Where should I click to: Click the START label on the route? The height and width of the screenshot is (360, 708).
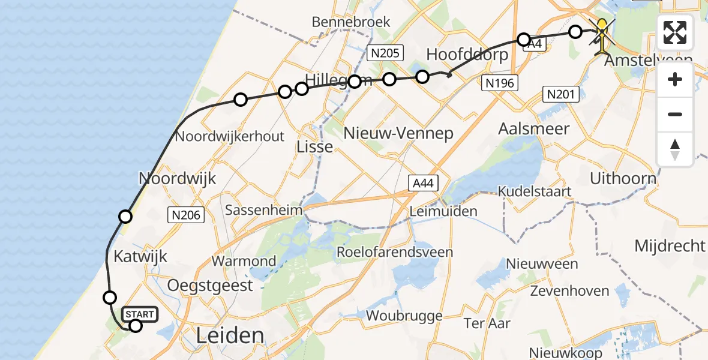coord(140,314)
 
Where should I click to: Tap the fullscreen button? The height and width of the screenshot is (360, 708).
coord(675,32)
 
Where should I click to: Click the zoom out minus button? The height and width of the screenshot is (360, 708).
coord(675,114)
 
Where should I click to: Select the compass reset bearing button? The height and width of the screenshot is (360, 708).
coord(675,149)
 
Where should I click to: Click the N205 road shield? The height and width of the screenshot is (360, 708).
coord(384,53)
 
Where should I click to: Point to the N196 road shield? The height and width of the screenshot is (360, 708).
coord(500,83)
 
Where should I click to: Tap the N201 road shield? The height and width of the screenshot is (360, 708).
coord(561,94)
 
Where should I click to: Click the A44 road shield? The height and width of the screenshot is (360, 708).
coord(422,183)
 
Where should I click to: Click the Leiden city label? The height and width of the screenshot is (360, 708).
coord(230,335)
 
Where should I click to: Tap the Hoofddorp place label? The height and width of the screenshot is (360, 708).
coord(467,55)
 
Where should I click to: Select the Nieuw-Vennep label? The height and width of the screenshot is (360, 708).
coord(398,133)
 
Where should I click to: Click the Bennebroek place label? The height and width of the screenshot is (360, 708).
coord(351,22)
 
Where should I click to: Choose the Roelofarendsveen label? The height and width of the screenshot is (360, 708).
coord(395,251)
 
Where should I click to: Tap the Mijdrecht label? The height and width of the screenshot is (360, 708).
coord(670,245)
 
